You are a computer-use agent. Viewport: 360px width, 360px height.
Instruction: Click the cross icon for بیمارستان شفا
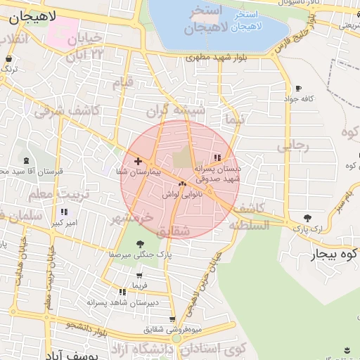138,161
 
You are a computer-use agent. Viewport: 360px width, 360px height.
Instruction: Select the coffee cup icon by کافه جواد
298,89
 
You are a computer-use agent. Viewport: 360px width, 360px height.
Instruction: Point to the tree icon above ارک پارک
307,218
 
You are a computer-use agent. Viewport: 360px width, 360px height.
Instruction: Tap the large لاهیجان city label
32,15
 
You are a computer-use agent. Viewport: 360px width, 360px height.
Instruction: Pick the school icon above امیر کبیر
64,212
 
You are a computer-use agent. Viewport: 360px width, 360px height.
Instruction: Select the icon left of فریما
123,291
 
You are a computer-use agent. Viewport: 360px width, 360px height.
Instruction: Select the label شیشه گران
176,111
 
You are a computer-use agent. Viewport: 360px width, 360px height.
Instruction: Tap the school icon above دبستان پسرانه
217,157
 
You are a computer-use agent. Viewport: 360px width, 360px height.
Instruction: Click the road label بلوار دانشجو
88,328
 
